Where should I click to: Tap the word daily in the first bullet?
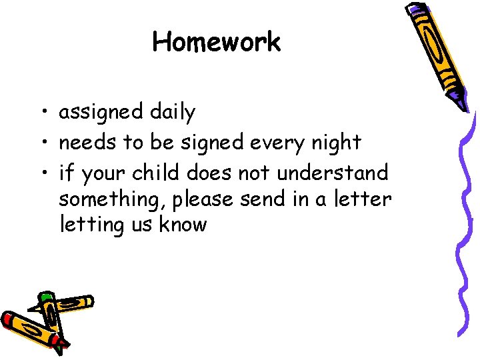[x=172, y=113]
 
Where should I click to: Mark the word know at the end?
[x=183, y=224]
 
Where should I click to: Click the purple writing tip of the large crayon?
[x=459, y=100]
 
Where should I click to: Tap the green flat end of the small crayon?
[x=45, y=297]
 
